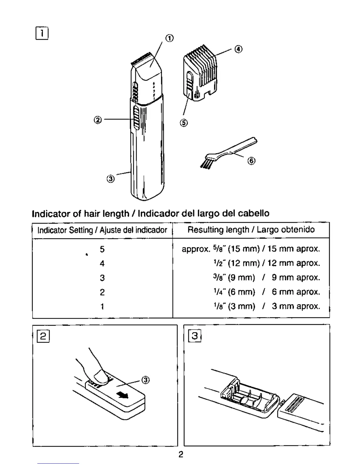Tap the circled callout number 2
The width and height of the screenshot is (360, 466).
click(x=98, y=120)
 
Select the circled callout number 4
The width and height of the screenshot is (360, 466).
click(x=238, y=49)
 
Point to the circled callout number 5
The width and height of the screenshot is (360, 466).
click(x=184, y=123)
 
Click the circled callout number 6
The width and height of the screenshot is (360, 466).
click(x=251, y=161)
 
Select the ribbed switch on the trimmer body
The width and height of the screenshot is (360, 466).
click(x=136, y=118)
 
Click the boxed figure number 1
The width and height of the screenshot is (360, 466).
click(x=42, y=33)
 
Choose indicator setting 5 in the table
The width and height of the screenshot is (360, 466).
click(x=102, y=249)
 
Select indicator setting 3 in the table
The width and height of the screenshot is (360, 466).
click(x=102, y=278)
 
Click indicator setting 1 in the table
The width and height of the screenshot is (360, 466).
click(x=102, y=307)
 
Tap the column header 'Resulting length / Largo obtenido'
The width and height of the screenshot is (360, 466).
click(x=251, y=230)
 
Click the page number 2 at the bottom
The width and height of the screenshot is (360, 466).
click(x=181, y=455)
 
